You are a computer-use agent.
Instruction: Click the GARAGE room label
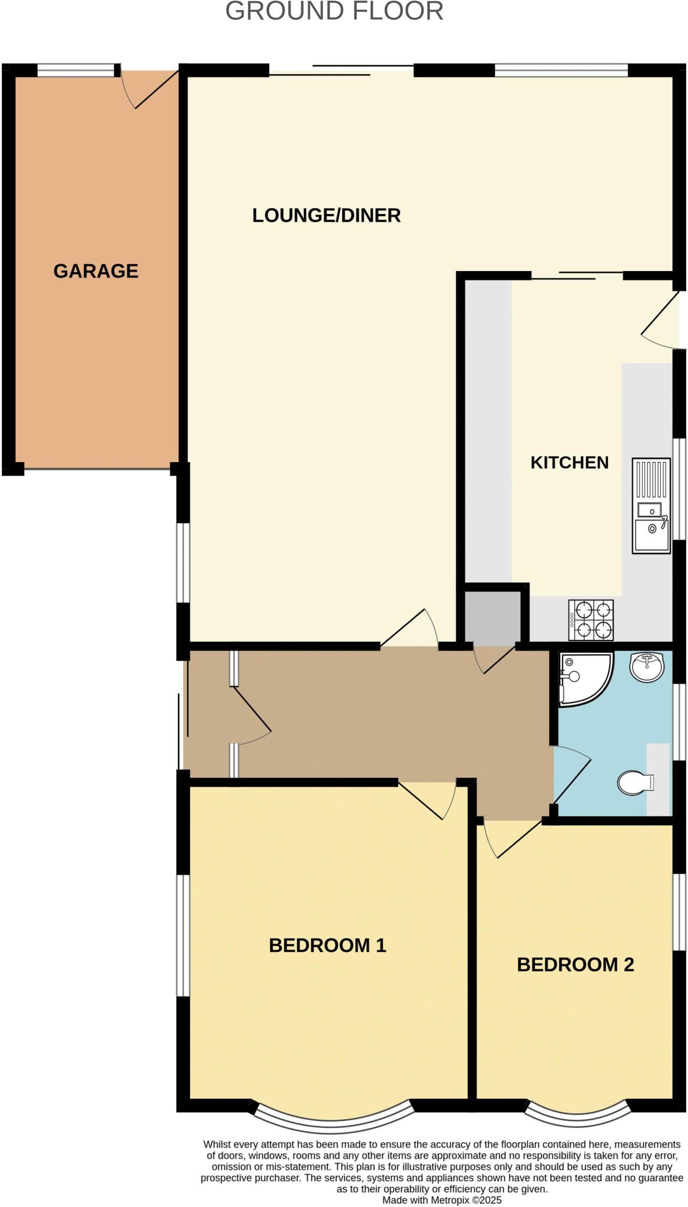[96, 271]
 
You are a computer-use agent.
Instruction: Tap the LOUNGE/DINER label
[326, 216]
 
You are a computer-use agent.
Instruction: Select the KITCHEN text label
[570, 463]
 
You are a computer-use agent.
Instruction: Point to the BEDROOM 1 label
[328, 945]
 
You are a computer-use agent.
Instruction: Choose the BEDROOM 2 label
[575, 964]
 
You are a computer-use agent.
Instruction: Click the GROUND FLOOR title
[334, 12]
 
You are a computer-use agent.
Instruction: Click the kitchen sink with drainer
[651, 506]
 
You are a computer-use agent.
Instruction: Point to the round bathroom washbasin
[647, 667]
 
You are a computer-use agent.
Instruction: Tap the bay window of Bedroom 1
[333, 1120]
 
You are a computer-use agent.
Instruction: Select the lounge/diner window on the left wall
[183, 563]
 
